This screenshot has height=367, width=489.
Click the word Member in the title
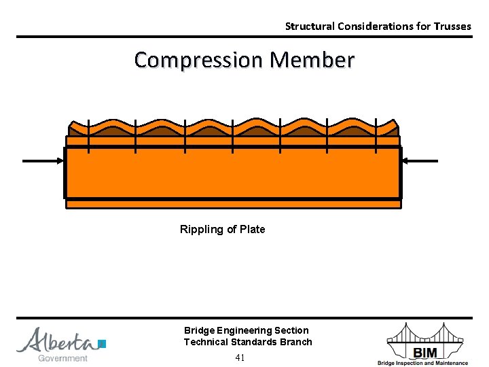click(x=312, y=60)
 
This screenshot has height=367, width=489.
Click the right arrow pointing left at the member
click(x=420, y=161)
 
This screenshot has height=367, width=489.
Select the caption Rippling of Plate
click(x=222, y=230)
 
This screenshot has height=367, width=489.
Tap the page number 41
click(x=240, y=357)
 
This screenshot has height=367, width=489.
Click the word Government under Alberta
click(x=62, y=358)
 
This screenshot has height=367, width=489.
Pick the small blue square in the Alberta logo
click(x=102, y=344)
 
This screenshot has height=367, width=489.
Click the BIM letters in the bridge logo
click(x=426, y=351)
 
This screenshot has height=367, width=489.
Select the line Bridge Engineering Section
click(x=246, y=330)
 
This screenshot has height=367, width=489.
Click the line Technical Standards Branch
click(x=248, y=342)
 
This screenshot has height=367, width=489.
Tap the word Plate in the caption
click(x=252, y=230)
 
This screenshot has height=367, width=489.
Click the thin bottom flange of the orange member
click(x=233, y=203)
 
